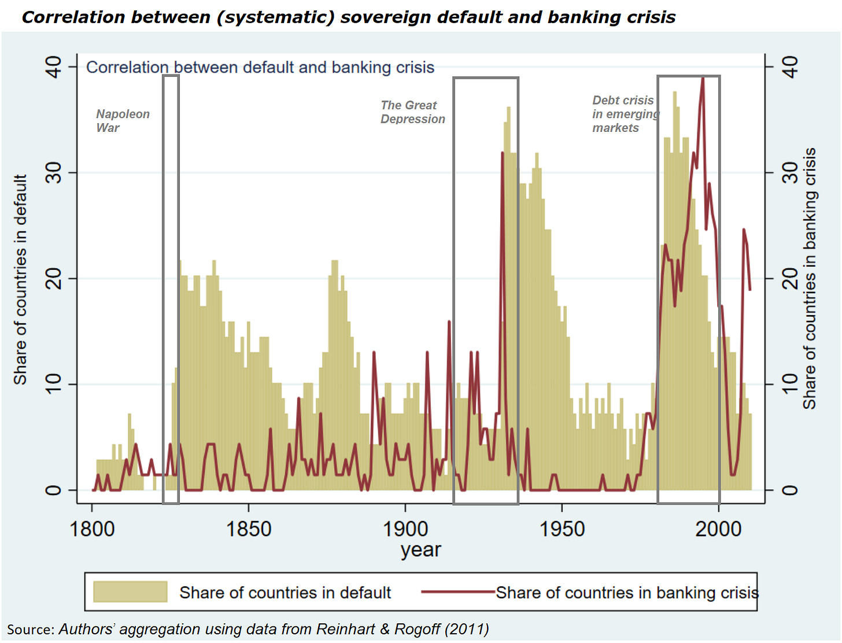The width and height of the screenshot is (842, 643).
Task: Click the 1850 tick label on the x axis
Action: pos(249,529)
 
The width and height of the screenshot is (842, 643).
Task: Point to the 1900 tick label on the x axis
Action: pos(405,529)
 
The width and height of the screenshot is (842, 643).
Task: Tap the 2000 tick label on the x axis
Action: pos(718,529)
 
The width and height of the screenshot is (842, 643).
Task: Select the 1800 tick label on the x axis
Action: pos(92,529)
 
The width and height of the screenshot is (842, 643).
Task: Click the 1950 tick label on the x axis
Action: pos(562,529)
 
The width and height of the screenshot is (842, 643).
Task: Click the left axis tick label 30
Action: pos(53,173)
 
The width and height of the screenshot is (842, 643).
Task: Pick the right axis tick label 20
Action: pos(790,279)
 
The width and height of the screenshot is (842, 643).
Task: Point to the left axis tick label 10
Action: pos(53,384)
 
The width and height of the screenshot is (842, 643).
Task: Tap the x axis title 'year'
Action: pos(421,550)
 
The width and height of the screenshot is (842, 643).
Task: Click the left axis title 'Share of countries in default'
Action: pos(20,279)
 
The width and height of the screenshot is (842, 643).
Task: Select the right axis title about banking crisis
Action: pos(810,278)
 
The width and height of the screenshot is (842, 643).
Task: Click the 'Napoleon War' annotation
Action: pos(123,121)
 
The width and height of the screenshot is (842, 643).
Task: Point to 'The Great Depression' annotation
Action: pos(412,112)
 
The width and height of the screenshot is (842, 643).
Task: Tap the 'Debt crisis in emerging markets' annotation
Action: pos(625,114)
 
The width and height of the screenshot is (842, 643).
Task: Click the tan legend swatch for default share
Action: pos(130,592)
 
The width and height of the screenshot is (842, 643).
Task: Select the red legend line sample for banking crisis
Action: pos(458,592)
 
